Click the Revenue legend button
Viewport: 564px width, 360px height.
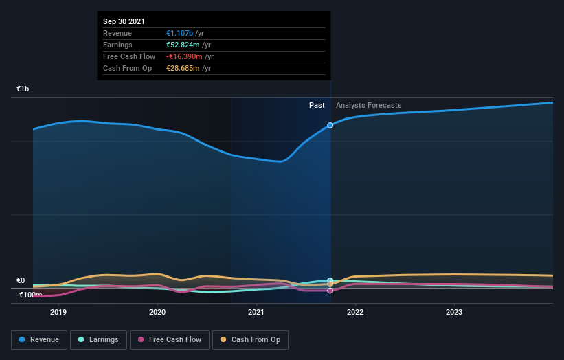pyautogui.click(x=40, y=339)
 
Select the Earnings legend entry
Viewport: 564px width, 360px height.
pyautogui.click(x=98, y=339)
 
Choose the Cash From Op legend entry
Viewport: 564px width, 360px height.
pyautogui.click(x=251, y=339)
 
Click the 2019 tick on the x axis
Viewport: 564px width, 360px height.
pyautogui.click(x=58, y=312)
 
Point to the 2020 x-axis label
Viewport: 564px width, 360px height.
pyautogui.click(x=157, y=312)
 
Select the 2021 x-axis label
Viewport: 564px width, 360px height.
pyautogui.click(x=256, y=312)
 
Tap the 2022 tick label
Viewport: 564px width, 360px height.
pyautogui.click(x=355, y=312)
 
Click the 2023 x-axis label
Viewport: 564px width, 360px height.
pyautogui.click(x=454, y=312)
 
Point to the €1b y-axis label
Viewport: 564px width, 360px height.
pyautogui.click(x=23, y=89)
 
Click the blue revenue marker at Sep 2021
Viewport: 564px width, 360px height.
pyautogui.click(x=330, y=125)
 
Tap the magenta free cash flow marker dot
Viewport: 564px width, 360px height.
pyautogui.click(x=330, y=291)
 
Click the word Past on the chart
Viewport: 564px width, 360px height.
pyautogui.click(x=317, y=105)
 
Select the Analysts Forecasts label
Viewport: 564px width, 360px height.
pyautogui.click(x=368, y=105)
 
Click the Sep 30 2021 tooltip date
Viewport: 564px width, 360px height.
pyautogui.click(x=124, y=22)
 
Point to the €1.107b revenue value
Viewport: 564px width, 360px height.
pyautogui.click(x=180, y=33)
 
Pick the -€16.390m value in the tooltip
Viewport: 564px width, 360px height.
pyautogui.click(x=183, y=56)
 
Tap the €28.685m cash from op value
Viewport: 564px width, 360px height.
pyautogui.click(x=183, y=68)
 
